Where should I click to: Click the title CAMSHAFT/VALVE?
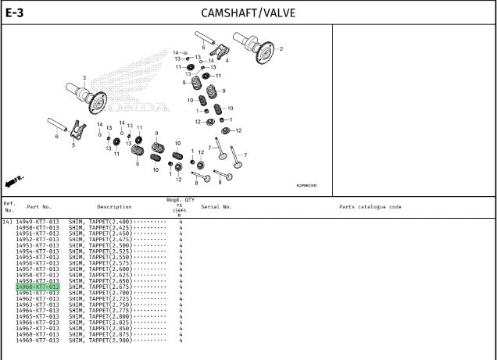[248, 12]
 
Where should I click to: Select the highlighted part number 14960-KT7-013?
[38, 287]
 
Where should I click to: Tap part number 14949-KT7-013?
[38, 222]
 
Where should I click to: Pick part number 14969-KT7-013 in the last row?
[38, 340]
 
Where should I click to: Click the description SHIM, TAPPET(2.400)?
[100, 222]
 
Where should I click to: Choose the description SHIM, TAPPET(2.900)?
[100, 340]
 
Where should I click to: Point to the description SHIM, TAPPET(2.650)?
[100, 281]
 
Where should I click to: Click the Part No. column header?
[39, 207]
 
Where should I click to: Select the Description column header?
[114, 207]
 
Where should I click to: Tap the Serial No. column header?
[216, 207]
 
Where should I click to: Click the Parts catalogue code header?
[370, 207]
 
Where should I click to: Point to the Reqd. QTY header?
[179, 200]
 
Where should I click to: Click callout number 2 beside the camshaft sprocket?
[281, 48]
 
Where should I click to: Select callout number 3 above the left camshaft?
[84, 77]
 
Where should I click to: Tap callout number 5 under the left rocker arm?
[73, 144]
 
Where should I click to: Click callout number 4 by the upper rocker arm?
[227, 60]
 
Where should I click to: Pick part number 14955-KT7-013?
[38, 257]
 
